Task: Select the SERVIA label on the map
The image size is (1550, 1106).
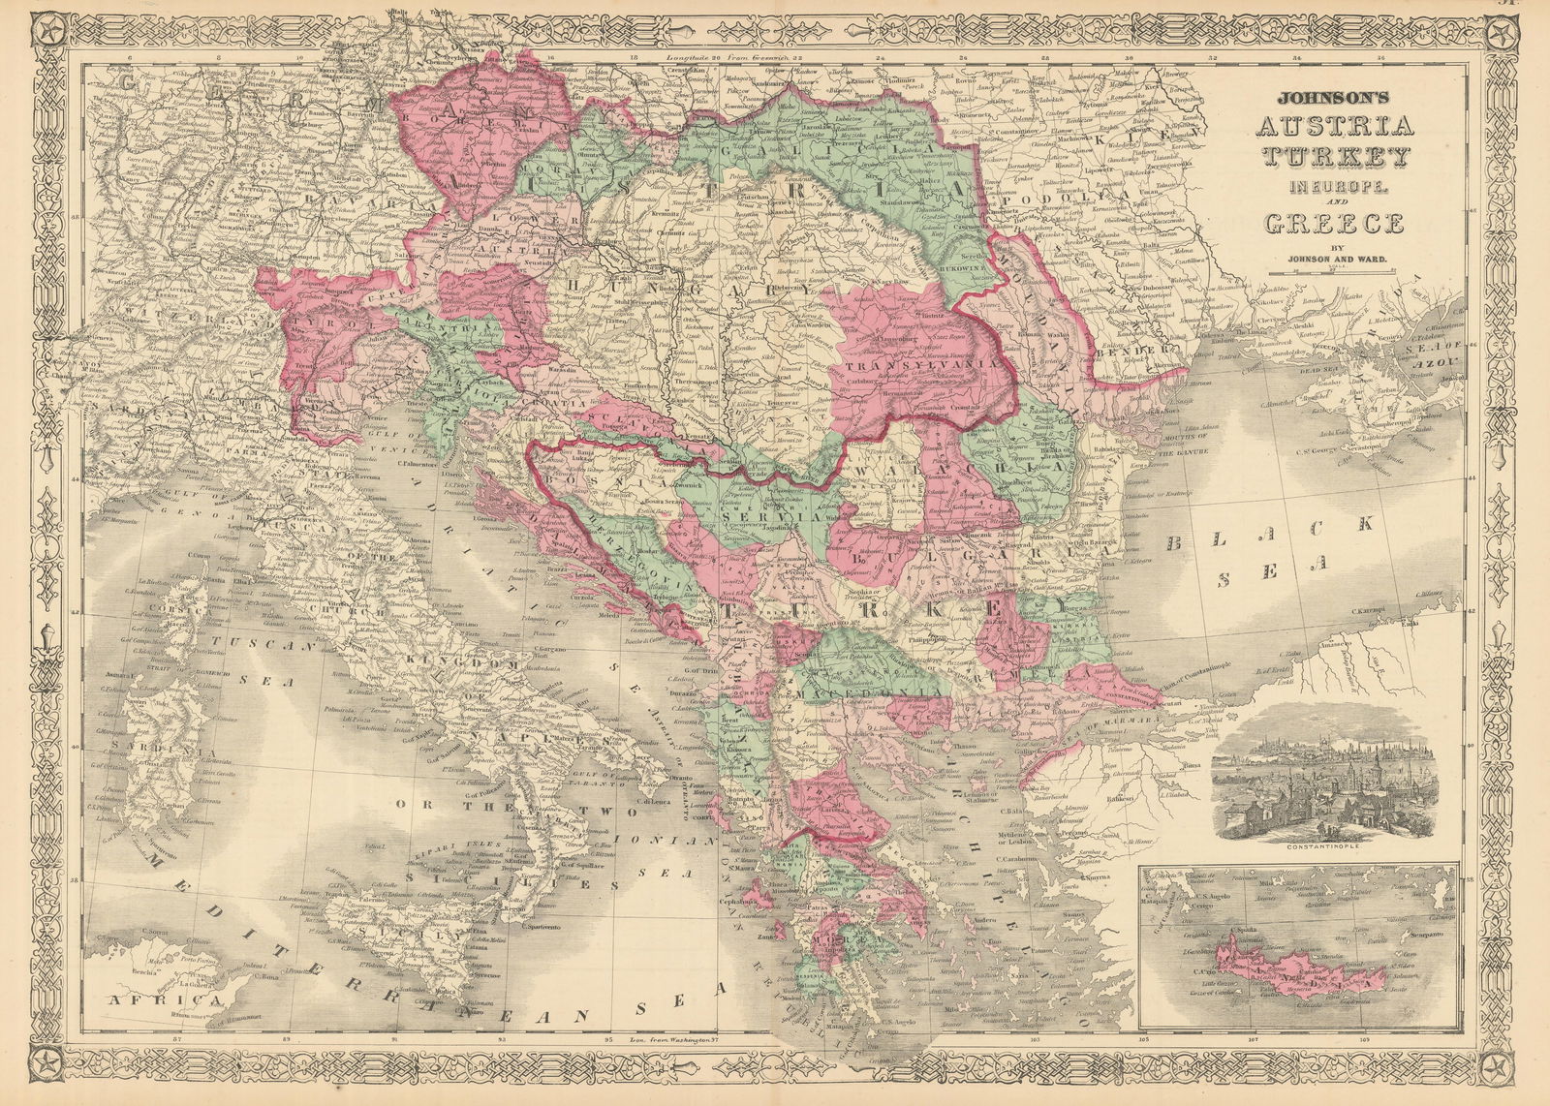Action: (752, 517)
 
